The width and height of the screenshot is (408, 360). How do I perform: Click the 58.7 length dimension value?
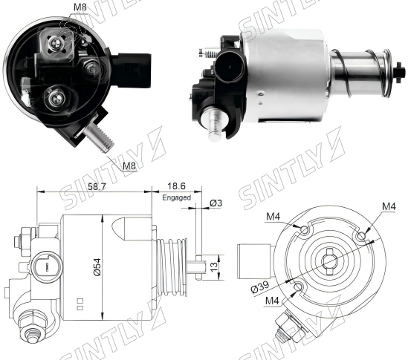tap(97, 186)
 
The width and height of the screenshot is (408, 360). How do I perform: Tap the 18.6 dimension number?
tap(176, 186)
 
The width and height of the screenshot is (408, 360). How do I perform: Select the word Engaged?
tap(176, 197)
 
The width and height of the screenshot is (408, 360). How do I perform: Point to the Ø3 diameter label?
tap(216, 203)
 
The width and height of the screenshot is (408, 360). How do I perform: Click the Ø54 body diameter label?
tap(97, 267)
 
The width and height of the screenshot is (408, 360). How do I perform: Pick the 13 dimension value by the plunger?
tap(213, 267)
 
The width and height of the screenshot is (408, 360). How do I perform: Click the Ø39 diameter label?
tap(260, 287)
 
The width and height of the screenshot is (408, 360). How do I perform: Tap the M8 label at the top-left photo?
tap(80, 7)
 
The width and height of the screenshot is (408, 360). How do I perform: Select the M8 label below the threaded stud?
tap(129, 166)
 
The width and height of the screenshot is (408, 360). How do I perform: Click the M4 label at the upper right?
tap(389, 206)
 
